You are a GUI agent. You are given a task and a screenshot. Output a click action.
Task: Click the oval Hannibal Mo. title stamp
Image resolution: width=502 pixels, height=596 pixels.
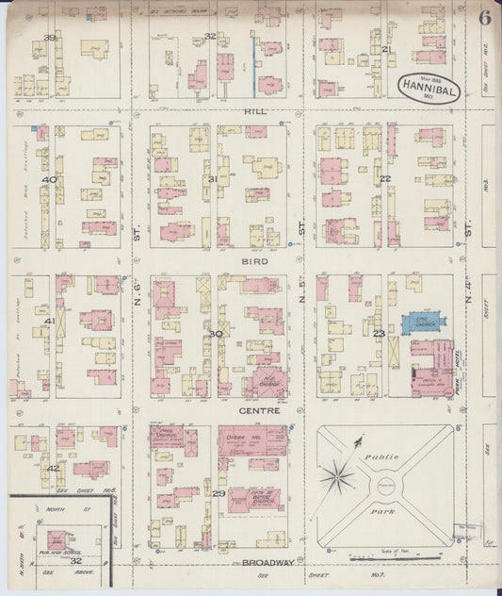pos(424,84)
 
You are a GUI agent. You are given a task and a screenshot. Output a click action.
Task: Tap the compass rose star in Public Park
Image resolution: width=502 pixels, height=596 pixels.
pos(336,476)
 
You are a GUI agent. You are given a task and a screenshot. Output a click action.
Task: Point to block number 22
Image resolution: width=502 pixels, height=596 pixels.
pos(384,179)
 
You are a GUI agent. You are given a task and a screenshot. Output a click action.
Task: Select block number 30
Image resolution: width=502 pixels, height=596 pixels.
pos(216,333)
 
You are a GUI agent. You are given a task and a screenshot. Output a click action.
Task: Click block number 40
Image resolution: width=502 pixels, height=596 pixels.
pos(48,179)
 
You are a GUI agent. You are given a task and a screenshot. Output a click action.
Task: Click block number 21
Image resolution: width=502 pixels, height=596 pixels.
pos(386,49)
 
